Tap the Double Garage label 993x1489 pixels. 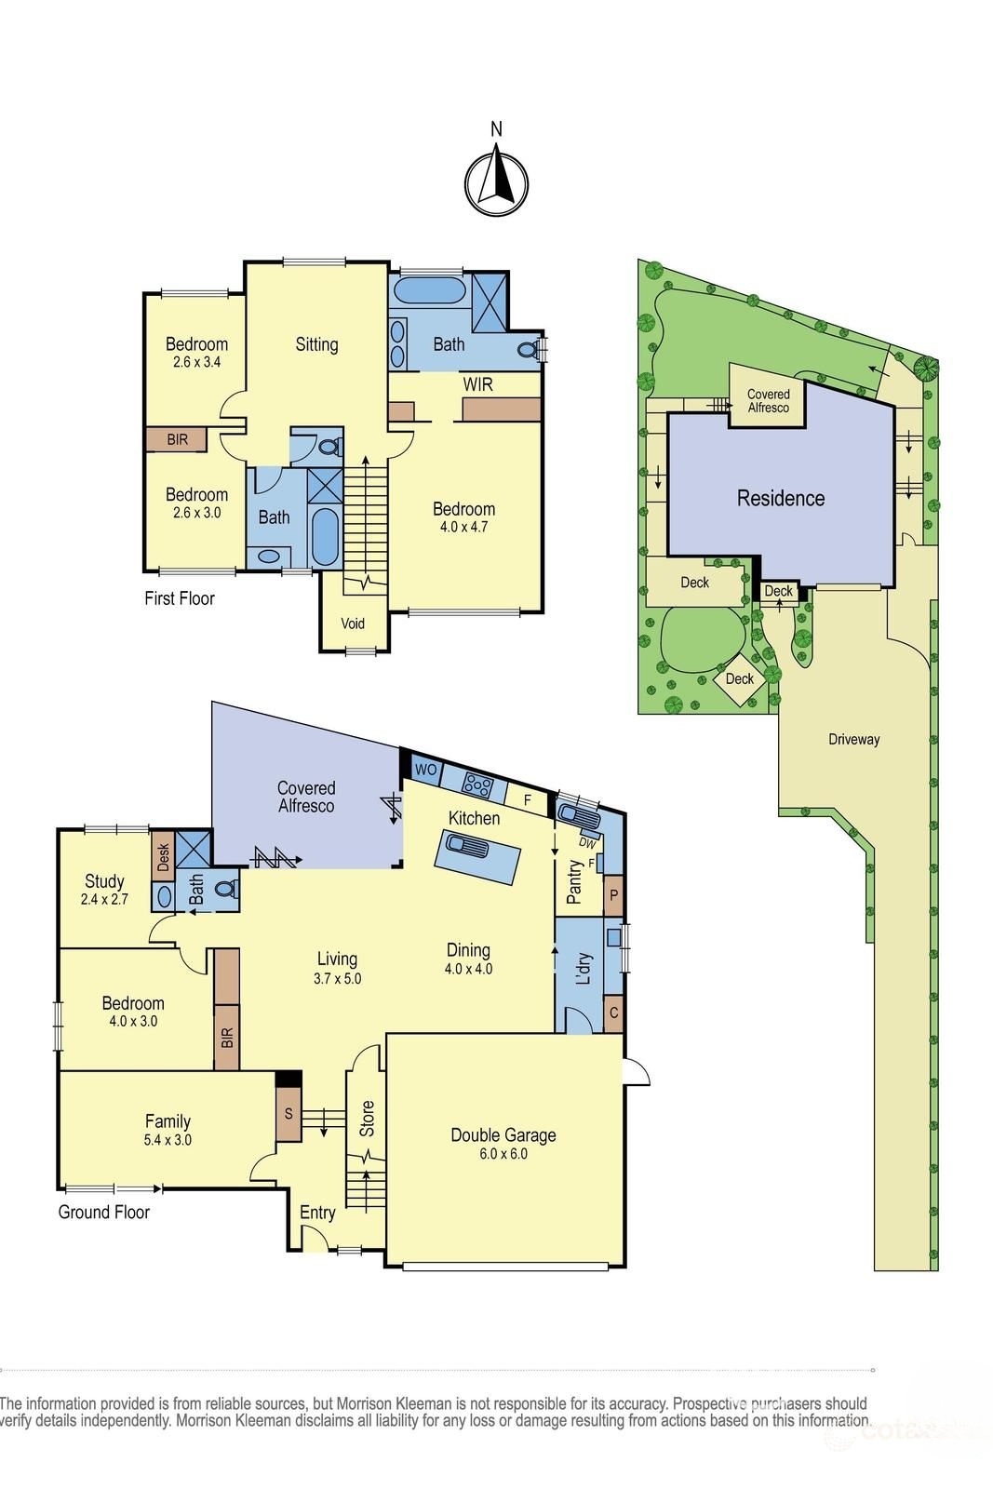pos(503,1135)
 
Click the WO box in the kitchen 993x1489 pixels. pos(425,770)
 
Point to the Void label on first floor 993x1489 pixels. pos(353,624)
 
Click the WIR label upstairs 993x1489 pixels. pos(477,384)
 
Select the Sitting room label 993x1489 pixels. pos(316,344)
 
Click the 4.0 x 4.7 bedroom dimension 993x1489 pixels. pos(463,527)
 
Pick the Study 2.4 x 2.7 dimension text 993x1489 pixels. pos(104,900)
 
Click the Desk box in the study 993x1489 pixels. pos(164,856)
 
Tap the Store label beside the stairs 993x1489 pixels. pos(367,1119)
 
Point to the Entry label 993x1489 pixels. pos(317,1213)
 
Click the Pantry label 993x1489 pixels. pos(574,881)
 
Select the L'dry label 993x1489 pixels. pos(584,969)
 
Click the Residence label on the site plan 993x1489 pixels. pos(780,498)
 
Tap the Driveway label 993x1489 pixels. pos(853,739)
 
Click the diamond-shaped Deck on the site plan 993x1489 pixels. pos(740,678)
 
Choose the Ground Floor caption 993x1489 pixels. pos(104,1212)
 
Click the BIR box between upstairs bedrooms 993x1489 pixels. pos(177,439)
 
